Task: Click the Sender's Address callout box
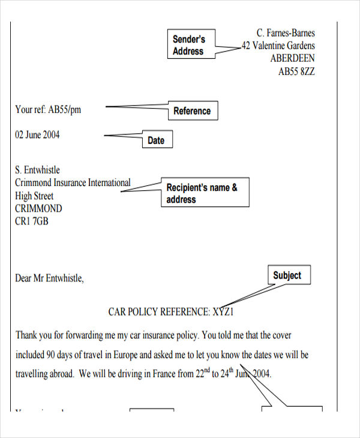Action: click(189, 45)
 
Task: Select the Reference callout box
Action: click(192, 111)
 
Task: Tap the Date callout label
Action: click(156, 140)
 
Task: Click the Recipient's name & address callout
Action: click(205, 193)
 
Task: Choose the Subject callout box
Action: click(287, 275)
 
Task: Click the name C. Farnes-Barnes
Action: click(286, 33)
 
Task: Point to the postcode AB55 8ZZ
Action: click(296, 71)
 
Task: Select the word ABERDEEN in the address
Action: click(292, 59)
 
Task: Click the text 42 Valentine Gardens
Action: click(278, 46)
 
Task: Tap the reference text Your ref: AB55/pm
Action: click(47, 109)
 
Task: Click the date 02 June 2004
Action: click(37, 134)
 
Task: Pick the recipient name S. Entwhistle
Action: click(37, 170)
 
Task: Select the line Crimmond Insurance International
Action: click(73, 182)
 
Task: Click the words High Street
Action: click(34, 196)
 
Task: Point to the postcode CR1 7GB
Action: click(32, 221)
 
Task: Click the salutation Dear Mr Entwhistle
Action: click(50, 278)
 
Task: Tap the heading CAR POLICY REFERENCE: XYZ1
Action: click(170, 312)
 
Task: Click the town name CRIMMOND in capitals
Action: click(38, 209)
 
